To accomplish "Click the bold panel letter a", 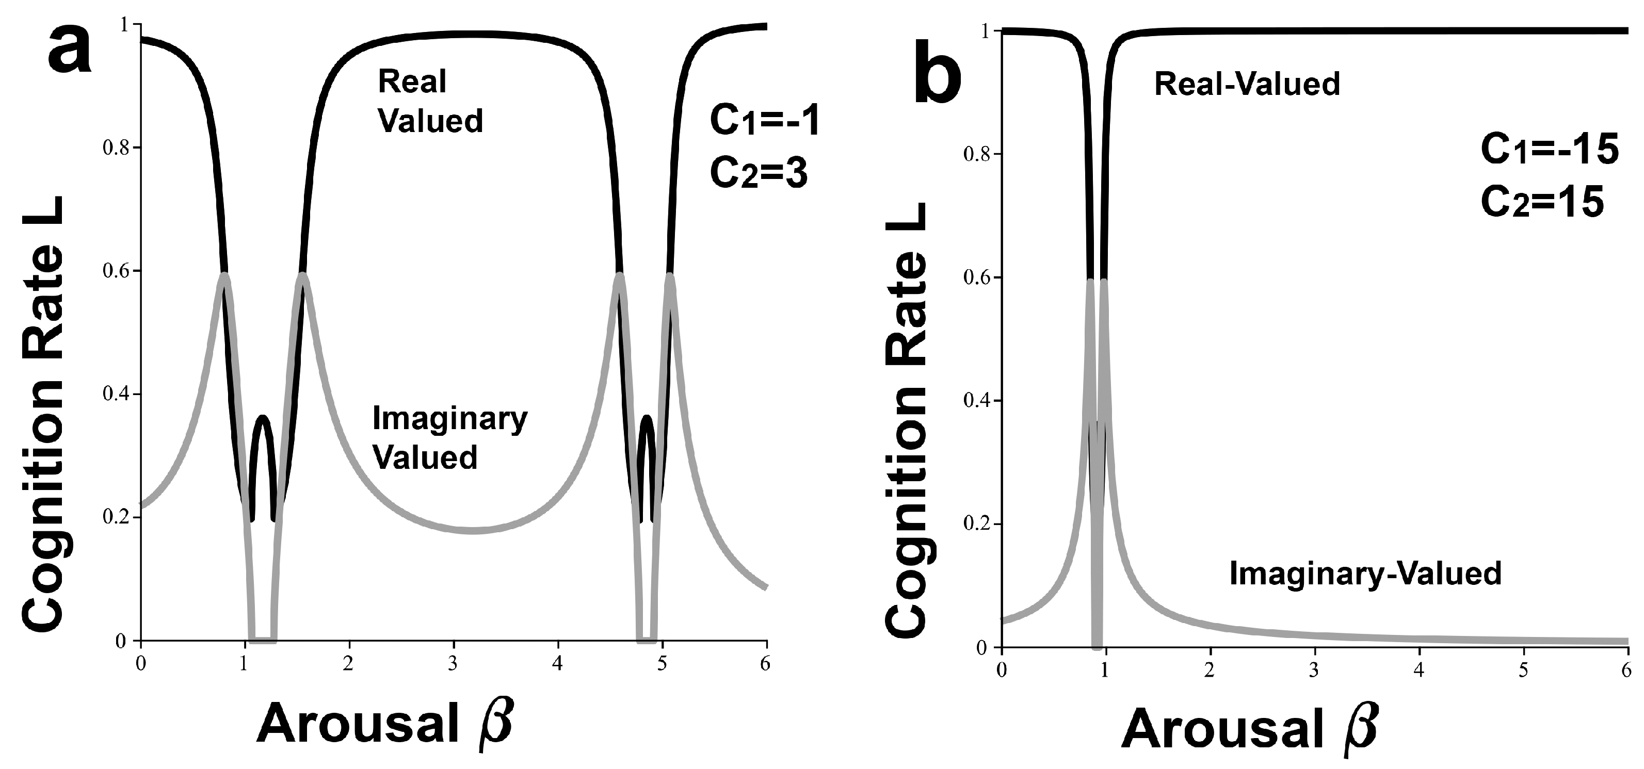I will pyautogui.click(x=70, y=48).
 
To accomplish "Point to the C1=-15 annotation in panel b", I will pyautogui.click(x=1549, y=152).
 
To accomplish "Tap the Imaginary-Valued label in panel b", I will pyautogui.click(x=1365, y=573).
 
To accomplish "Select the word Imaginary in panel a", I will pyautogui.click(x=450, y=419).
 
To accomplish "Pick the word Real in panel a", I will pyautogui.click(x=412, y=81).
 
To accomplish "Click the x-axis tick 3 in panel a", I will pyautogui.click(x=453, y=664).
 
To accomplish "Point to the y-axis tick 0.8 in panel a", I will pyautogui.click(x=116, y=148).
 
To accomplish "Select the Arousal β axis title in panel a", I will pyautogui.click(x=385, y=726).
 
